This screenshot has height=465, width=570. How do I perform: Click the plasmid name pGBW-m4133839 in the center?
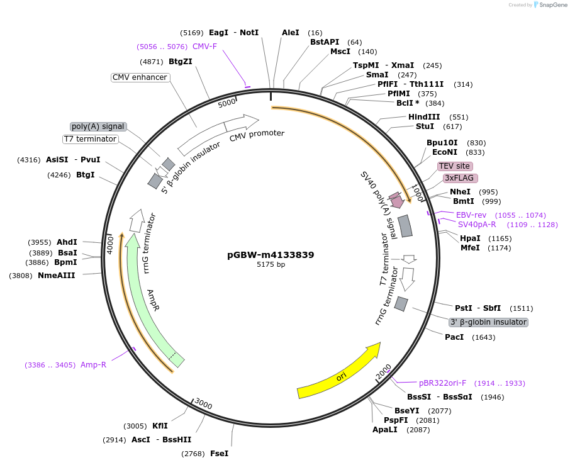271,255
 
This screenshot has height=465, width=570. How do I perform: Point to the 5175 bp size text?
271,265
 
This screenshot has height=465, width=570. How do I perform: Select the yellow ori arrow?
340,371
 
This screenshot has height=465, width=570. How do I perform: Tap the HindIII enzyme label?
424,117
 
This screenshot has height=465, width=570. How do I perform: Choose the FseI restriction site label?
219,453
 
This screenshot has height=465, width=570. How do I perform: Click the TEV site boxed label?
455,166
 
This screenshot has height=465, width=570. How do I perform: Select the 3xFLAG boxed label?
459,178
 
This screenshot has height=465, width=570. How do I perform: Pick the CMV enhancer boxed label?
140,77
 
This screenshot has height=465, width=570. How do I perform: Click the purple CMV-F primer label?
204,46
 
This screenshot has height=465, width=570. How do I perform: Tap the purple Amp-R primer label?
93,365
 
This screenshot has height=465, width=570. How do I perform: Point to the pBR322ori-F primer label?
443,383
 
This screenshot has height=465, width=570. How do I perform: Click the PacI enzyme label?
454,337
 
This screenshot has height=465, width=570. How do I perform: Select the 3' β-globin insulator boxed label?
488,322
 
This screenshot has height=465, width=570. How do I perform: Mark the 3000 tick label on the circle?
203,403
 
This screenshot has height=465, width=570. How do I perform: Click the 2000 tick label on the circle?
384,372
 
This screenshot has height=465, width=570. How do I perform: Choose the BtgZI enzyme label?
181,61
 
